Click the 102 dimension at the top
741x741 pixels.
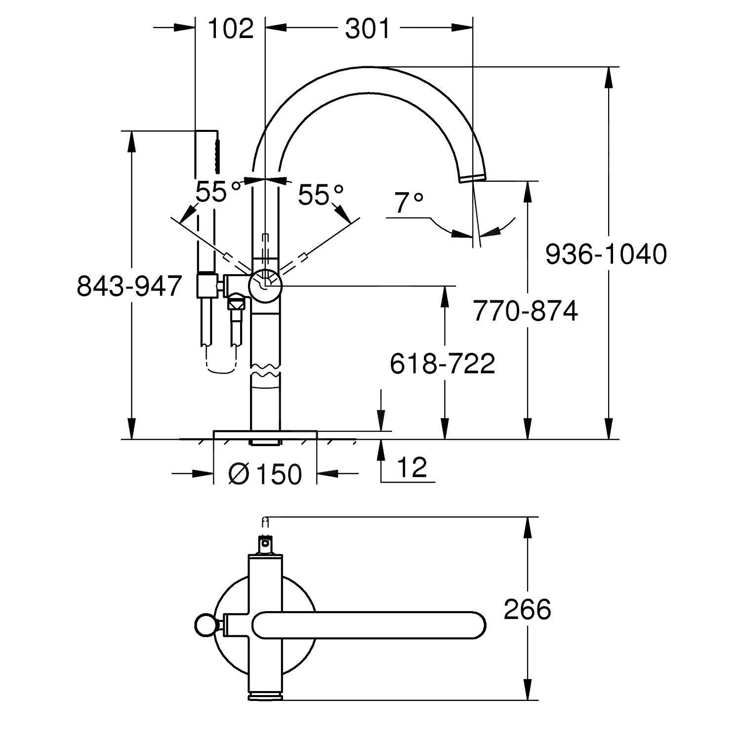(230, 29)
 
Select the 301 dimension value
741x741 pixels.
(367, 29)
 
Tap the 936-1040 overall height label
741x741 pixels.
(606, 254)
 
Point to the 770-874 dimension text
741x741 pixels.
(525, 311)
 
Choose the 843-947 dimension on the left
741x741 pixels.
(129, 286)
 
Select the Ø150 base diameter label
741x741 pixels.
(265, 475)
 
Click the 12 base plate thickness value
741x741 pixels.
(412, 467)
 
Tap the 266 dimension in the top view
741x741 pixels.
(527, 609)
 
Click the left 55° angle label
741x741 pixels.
(217, 192)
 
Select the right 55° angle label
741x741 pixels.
(321, 195)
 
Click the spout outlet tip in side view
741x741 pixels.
(473, 177)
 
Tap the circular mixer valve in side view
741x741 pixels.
(265, 286)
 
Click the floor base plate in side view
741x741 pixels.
(265, 434)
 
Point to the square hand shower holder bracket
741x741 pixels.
(207, 286)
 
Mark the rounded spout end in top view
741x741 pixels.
(474, 625)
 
